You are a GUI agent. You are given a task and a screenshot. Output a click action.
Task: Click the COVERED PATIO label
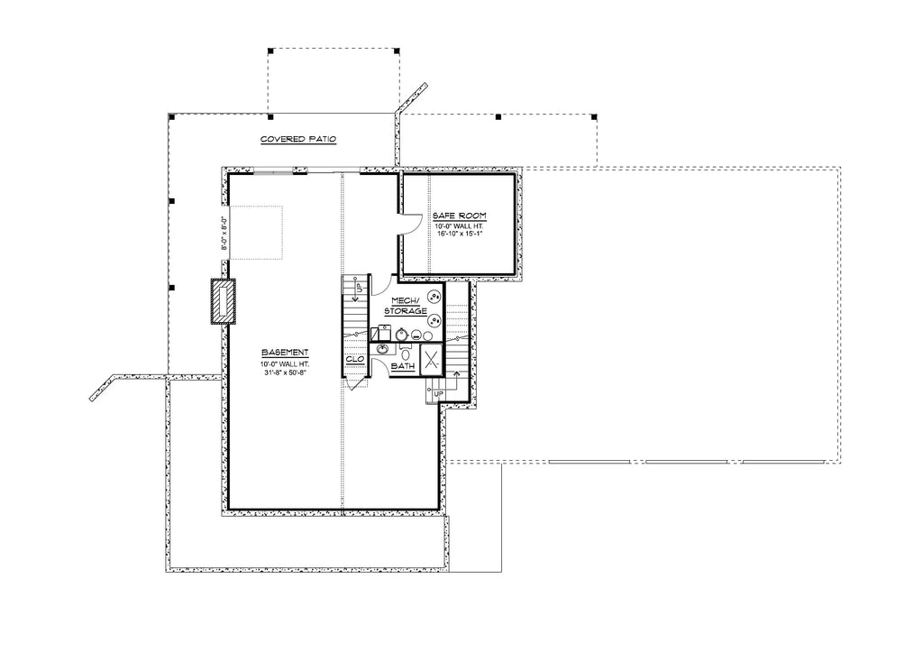[297, 140]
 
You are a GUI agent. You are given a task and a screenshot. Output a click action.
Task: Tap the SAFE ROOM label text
[459, 216]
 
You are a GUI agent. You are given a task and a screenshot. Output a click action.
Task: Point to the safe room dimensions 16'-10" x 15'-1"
[461, 233]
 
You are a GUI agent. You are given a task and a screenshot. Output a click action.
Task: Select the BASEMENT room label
[286, 352]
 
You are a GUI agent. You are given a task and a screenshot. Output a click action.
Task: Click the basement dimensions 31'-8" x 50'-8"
[286, 372]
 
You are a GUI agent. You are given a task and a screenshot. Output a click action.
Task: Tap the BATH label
[402, 367]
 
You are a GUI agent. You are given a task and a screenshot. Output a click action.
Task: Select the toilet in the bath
[406, 354]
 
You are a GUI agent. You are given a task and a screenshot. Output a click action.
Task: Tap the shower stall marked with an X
[430, 359]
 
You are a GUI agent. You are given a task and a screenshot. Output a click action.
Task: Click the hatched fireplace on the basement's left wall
[222, 301]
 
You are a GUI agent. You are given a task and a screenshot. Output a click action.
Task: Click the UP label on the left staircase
[358, 288]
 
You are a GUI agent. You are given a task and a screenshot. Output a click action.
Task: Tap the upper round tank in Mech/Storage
[434, 295]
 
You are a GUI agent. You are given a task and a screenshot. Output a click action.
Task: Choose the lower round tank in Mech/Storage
[434, 318]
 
